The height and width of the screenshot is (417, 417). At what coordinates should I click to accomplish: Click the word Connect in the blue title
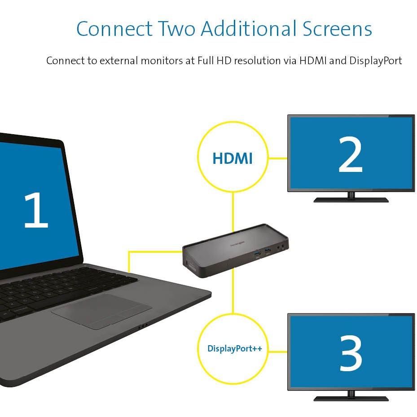[114, 28]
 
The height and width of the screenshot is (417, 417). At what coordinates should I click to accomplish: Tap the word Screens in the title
[337, 28]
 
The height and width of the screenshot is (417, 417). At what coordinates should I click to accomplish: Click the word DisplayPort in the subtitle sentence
[376, 61]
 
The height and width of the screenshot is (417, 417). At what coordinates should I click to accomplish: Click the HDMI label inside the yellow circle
[233, 158]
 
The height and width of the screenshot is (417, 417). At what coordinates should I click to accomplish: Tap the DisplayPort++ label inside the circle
[235, 348]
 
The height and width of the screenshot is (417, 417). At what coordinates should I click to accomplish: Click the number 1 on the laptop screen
[36, 210]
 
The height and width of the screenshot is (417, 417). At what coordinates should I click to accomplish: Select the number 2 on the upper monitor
[351, 154]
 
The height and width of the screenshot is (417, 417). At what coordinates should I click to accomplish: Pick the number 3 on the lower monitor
[351, 353]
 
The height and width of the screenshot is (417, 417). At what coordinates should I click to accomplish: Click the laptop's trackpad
[101, 311]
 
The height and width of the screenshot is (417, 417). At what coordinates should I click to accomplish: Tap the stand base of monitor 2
[351, 200]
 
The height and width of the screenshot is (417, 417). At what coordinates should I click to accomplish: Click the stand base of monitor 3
[351, 399]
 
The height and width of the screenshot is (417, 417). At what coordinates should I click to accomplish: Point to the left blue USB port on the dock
[257, 254]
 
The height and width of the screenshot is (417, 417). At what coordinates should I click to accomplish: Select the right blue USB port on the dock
[268, 250]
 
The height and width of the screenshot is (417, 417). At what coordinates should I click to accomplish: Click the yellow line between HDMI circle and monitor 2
[278, 158]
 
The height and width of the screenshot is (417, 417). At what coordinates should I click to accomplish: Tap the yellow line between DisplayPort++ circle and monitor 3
[278, 351]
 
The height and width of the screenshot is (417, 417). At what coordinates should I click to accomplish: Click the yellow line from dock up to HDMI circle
[233, 212]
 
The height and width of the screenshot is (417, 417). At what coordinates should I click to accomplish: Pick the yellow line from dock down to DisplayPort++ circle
[233, 291]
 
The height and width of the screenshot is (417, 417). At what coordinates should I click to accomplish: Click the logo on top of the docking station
[237, 244]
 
